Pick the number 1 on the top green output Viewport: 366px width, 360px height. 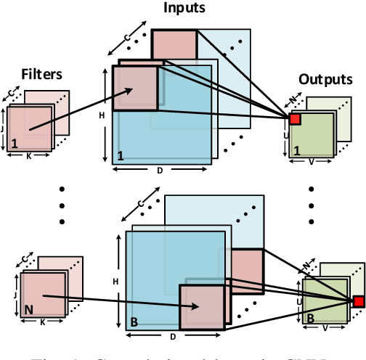click(296, 150)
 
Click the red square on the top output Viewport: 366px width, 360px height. click(295, 118)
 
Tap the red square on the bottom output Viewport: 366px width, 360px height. click(358, 301)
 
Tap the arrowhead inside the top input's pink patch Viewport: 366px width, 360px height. click(134, 89)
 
